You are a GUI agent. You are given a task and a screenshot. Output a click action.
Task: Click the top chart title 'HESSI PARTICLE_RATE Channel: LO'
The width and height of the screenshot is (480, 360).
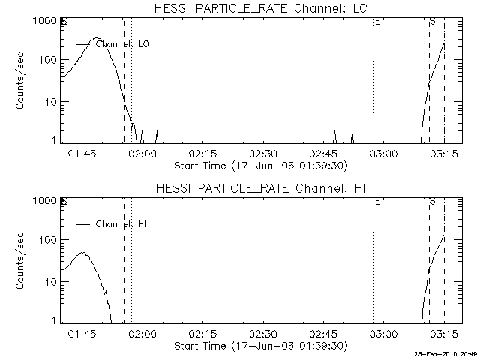pos(260,8)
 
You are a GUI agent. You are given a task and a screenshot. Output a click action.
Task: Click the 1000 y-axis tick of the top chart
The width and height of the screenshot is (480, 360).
pos(45,20)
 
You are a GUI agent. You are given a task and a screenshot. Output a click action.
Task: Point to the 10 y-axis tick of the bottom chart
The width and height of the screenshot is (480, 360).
pos(50,281)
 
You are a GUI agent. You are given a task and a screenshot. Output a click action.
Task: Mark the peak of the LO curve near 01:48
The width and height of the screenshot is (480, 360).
pos(95,38)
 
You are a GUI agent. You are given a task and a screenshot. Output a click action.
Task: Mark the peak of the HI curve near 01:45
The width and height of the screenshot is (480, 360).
pos(82,253)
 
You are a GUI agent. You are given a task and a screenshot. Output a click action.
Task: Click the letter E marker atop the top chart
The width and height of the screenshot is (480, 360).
pos(377,22)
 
